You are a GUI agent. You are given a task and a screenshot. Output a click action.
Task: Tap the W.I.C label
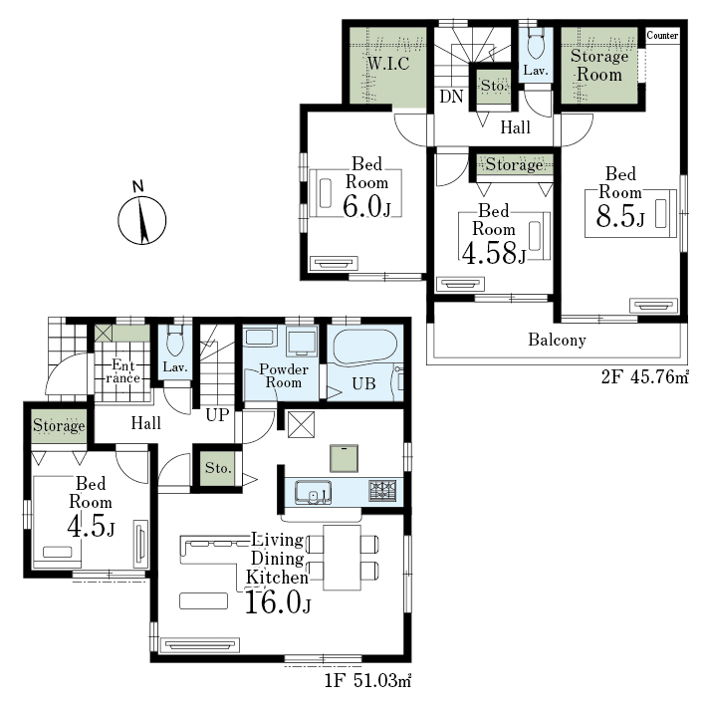pos(388,64)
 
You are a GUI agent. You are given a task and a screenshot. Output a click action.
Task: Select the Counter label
pos(662,35)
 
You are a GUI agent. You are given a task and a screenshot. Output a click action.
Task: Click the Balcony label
pos(557,340)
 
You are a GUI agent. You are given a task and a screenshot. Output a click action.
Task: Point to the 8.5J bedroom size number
pos(620,216)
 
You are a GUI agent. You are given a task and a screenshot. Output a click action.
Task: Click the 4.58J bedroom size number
pos(494,253)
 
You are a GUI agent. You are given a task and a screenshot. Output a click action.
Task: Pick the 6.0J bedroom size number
pos(366,207)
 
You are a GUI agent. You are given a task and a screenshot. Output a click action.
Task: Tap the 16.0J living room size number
pos(278,602)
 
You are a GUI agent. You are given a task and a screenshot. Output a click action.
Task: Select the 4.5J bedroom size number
pos(91,526)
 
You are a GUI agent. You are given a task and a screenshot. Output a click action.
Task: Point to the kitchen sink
pos(314,492)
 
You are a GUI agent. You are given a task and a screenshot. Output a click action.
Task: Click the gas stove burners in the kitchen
pos(382,491)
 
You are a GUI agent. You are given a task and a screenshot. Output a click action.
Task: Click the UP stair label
pos(217,414)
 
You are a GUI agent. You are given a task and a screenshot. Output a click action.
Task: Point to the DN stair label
pos(451,96)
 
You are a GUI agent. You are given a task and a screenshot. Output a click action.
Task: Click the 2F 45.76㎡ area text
pos(644,376)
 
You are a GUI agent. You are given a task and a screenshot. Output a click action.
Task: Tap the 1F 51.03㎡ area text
pos(367,680)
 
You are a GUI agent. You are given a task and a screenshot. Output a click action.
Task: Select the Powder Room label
pos(284,375)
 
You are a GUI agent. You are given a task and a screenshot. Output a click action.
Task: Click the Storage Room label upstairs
pos(599,66)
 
